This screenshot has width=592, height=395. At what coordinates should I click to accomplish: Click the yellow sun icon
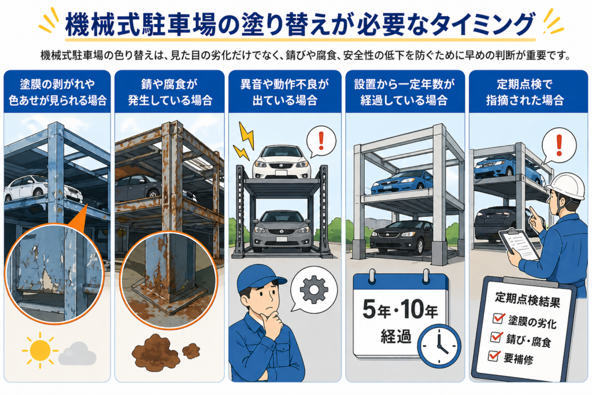tap(39, 350)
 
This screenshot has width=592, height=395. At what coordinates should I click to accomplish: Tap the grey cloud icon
tap(77, 353)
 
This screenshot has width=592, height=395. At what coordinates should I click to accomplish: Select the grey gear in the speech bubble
tap(314, 290)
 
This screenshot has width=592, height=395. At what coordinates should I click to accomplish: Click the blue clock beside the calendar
tap(439, 346)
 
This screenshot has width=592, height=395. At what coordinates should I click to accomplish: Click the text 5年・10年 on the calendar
tap(400, 309)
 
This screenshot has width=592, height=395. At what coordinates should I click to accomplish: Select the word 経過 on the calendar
tap(395, 335)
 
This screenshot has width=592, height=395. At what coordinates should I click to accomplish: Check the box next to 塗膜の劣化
tap(498, 318)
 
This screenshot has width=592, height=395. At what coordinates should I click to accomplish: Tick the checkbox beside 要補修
tap(494, 355)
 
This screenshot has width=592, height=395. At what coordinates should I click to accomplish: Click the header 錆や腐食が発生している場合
tap(170, 92)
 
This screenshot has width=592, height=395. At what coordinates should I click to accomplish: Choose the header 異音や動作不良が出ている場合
tap(284, 92)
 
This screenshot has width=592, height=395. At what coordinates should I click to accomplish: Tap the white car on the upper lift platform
tap(282, 163)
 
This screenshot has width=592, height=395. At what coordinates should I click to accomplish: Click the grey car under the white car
tap(282, 231)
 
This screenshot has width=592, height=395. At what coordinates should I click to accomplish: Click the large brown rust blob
tap(155, 352)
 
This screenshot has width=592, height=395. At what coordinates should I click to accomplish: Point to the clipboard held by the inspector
tap(519, 244)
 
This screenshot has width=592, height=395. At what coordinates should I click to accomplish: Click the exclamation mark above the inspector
tap(559, 145)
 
